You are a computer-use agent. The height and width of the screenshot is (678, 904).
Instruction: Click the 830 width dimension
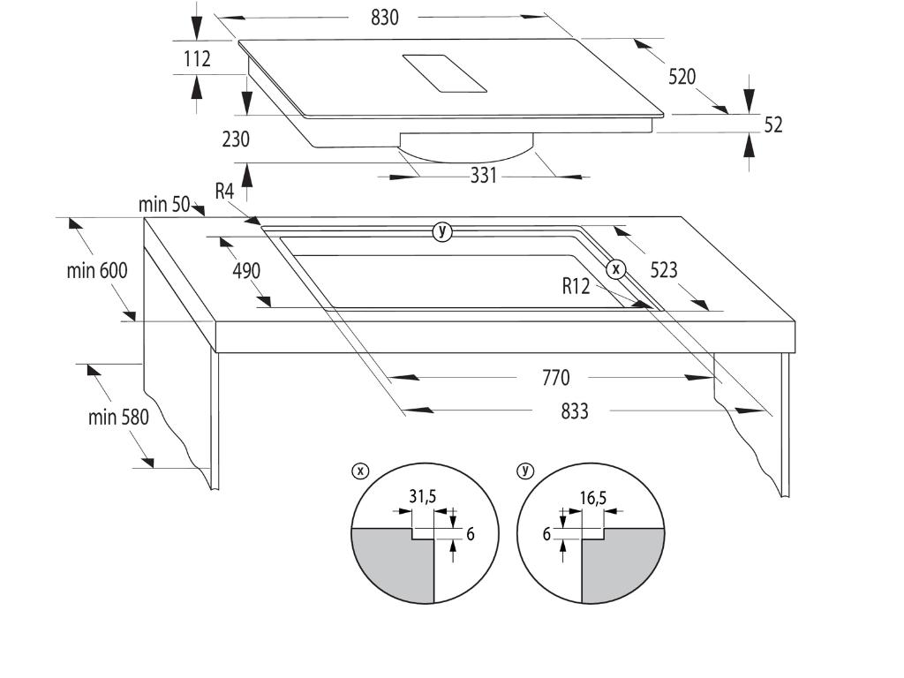tap(384, 17)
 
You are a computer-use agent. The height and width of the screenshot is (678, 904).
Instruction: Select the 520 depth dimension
tap(682, 77)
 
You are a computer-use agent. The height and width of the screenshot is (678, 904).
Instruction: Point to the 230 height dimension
tap(237, 139)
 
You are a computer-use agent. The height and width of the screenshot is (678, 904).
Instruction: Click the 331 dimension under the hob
tap(483, 176)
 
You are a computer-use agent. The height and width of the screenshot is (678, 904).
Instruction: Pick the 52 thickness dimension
tap(772, 124)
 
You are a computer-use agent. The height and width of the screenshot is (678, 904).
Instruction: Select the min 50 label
tap(164, 206)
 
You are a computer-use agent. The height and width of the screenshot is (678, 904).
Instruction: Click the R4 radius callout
tap(224, 191)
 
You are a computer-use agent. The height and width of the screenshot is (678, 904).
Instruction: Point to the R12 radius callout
tap(576, 285)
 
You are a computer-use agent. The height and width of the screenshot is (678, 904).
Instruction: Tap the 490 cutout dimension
tap(246, 270)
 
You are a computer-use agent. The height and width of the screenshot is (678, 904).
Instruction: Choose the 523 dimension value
tap(664, 270)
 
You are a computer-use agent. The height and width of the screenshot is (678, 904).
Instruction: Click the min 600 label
tap(97, 270)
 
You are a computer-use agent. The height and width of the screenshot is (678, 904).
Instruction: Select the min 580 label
tap(118, 417)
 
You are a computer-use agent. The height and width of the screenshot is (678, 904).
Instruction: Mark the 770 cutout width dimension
tap(555, 378)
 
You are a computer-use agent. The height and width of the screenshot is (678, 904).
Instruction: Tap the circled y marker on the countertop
tap(442, 232)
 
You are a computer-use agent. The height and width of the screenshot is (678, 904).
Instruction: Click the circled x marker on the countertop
tap(615, 268)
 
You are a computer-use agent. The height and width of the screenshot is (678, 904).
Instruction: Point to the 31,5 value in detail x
tap(422, 497)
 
